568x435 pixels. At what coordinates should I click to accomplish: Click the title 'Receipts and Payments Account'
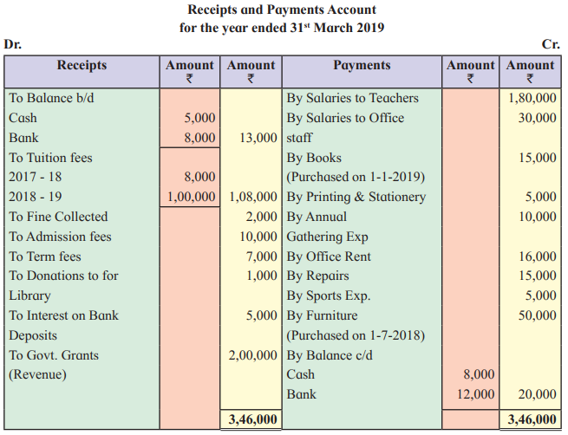tap(282, 10)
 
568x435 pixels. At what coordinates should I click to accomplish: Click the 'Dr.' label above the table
tap(13, 44)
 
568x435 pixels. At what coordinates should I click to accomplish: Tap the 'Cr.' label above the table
tap(551, 44)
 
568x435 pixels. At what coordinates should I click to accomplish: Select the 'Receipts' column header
tap(82, 65)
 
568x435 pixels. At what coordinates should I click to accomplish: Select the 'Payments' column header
tap(362, 65)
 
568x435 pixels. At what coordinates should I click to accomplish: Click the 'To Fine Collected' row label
tap(58, 217)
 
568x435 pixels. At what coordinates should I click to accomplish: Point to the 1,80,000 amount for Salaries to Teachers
tap(532, 98)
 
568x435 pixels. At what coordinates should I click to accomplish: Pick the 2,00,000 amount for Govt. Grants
tap(253, 355)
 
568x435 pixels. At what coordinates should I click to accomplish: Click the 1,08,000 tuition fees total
tap(253, 197)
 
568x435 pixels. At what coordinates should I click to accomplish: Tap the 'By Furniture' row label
tap(322, 315)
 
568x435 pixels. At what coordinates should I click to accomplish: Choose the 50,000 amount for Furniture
tap(537, 315)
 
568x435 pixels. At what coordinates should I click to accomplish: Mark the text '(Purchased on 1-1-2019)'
tap(356, 177)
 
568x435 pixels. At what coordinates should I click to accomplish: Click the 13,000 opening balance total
tap(258, 138)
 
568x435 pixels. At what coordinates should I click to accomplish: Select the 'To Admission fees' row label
tap(60, 237)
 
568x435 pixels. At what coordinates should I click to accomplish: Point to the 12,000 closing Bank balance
tap(475, 394)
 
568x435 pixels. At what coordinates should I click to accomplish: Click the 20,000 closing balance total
tap(537, 394)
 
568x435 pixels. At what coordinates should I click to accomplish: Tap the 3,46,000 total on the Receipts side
tap(253, 419)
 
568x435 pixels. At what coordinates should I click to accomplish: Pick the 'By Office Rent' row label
tap(329, 256)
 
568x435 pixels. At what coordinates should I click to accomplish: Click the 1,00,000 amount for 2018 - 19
tap(192, 197)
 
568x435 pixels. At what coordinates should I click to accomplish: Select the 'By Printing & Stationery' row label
tap(356, 197)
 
